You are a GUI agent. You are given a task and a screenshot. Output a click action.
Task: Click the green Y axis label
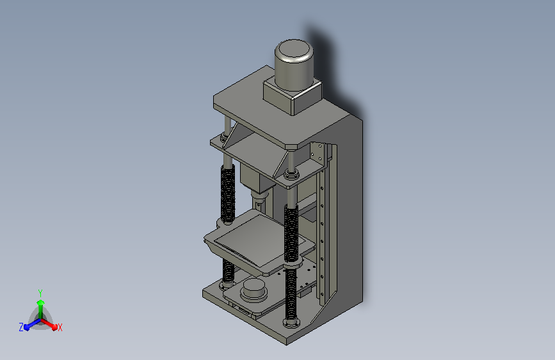tap(40, 293)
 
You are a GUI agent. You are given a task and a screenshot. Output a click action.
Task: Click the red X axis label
tap(60, 327)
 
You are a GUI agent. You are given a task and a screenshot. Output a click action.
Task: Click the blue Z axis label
tap(21, 327)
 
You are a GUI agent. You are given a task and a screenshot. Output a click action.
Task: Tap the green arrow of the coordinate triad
tap(41, 309)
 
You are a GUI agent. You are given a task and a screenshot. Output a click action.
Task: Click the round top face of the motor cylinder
tap(294, 49)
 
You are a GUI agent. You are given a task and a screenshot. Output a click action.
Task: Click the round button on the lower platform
tap(253, 289)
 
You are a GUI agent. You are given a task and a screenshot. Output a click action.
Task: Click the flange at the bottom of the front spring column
tap(291, 322)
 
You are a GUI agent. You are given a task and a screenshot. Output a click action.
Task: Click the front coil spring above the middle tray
tap(291, 234)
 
